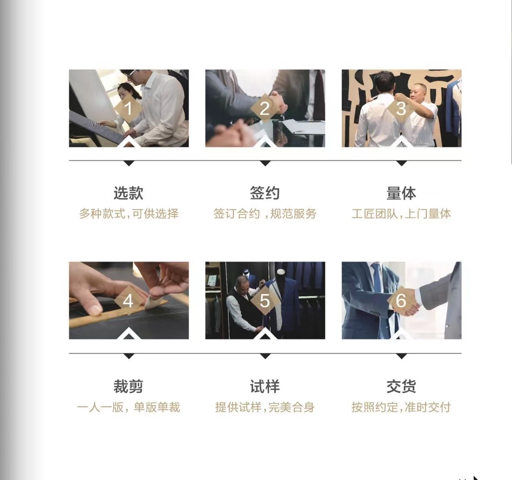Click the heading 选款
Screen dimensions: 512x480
click(x=129, y=193)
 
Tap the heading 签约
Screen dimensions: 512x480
click(x=265, y=193)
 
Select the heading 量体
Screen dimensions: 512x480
click(x=401, y=193)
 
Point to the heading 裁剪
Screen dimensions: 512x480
click(x=129, y=386)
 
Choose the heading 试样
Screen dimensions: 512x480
click(x=265, y=386)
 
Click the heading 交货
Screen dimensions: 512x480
click(x=401, y=386)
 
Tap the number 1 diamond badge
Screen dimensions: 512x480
click(x=129, y=109)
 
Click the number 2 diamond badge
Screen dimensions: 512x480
click(x=265, y=109)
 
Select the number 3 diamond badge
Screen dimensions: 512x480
click(x=401, y=109)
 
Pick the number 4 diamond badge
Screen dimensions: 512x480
click(x=129, y=301)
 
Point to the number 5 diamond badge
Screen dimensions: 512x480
click(x=265, y=301)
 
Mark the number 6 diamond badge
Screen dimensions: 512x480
click(x=401, y=301)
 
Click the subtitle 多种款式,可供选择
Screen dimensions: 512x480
click(x=129, y=214)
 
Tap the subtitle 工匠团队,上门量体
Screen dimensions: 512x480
click(x=401, y=214)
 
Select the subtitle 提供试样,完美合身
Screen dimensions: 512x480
click(x=265, y=407)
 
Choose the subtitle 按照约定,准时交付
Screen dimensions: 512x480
click(x=401, y=407)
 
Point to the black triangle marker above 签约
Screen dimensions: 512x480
click(x=265, y=163)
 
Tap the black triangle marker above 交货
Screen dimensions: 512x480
click(x=401, y=356)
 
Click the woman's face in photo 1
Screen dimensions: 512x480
click(x=124, y=93)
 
